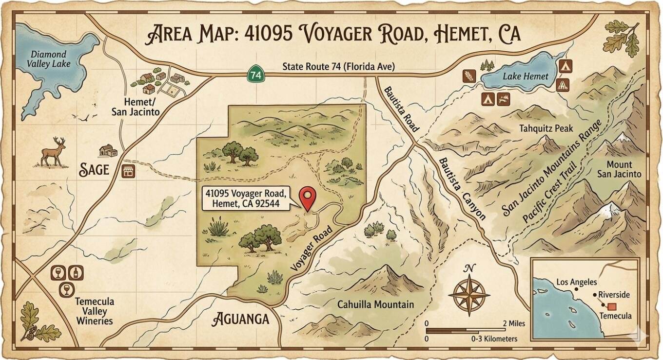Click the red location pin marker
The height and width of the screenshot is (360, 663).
pyautogui.click(x=308, y=197)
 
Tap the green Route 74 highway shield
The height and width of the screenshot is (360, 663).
pyautogui.click(x=254, y=75)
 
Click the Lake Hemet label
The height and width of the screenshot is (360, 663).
pyautogui.click(x=526, y=76)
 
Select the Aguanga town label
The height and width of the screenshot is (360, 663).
pyautogui.click(x=241, y=320)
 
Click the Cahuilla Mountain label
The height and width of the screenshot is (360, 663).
pyautogui.click(x=375, y=305)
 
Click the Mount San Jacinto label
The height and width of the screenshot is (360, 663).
pyautogui.click(x=623, y=169)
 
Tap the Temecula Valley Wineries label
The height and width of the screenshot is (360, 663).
pyautogui.click(x=94, y=311)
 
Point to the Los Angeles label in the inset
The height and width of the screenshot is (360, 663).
pyautogui.click(x=576, y=282)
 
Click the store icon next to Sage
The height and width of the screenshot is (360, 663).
pyautogui.click(x=128, y=171)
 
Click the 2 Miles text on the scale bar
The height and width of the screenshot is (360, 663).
pyautogui.click(x=506, y=323)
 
